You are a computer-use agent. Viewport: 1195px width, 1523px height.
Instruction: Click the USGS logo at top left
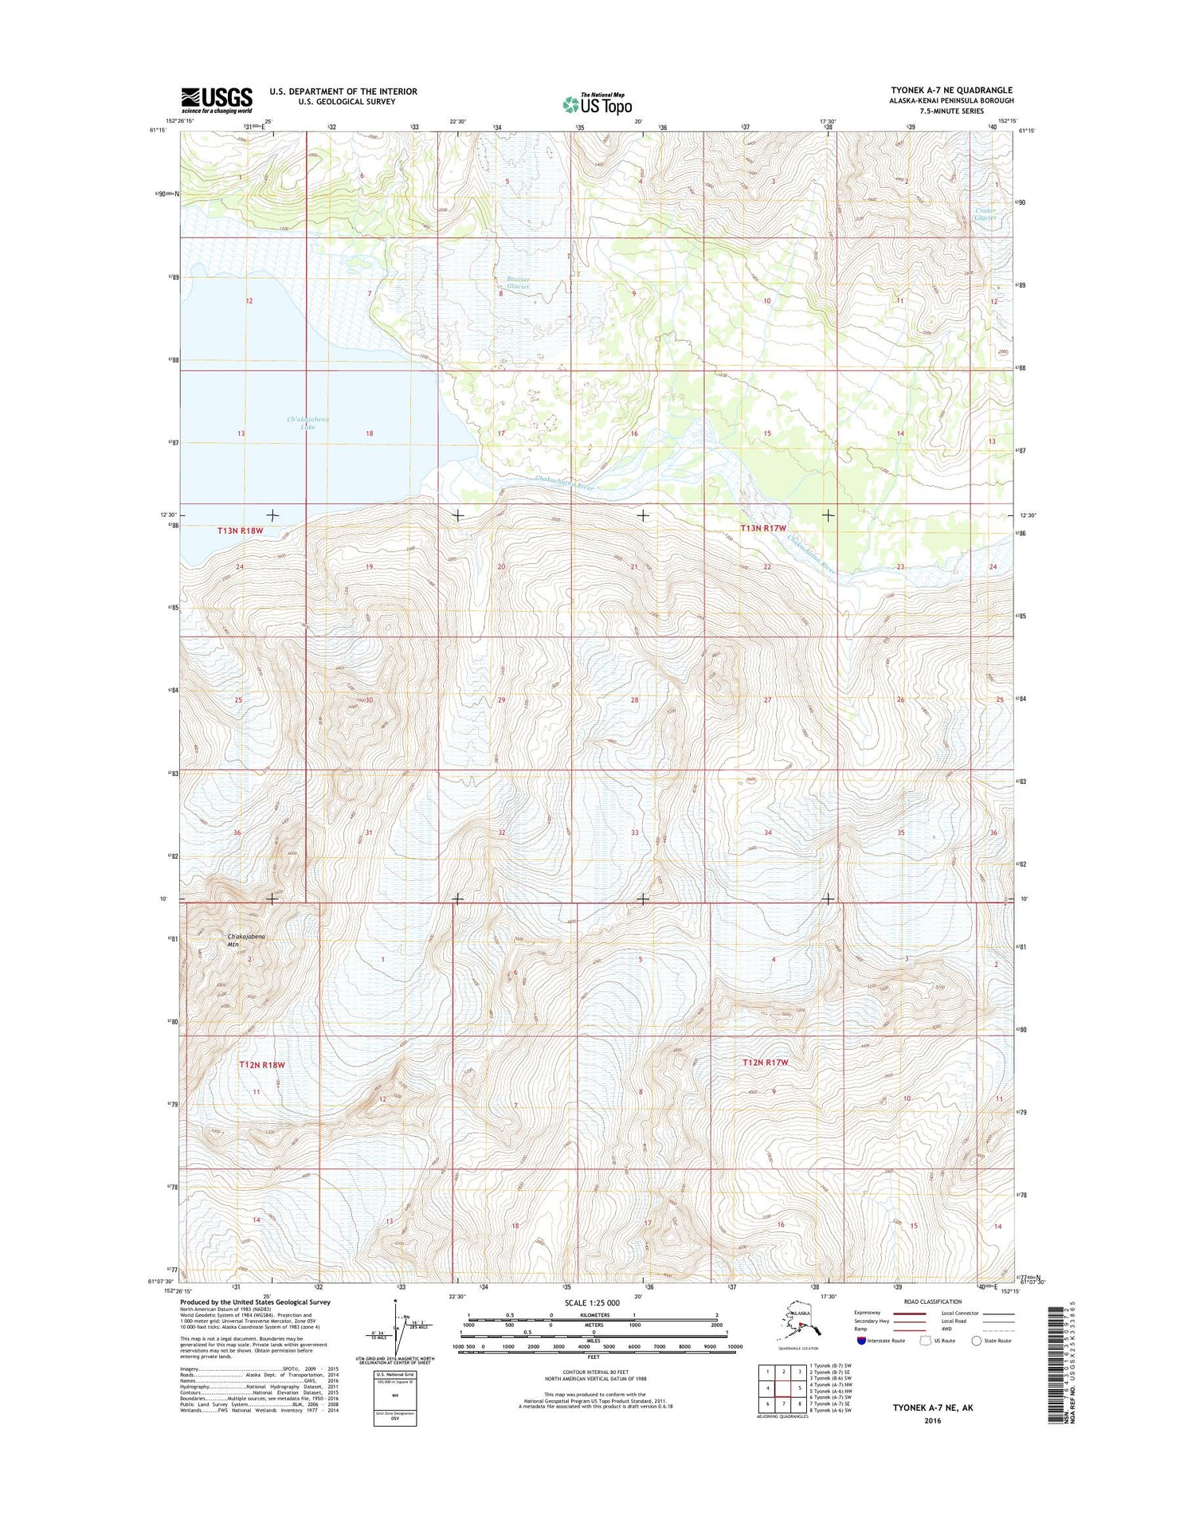217,100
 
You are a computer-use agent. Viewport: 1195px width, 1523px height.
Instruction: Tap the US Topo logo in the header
597,104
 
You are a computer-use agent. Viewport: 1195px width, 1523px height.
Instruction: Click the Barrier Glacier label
518,282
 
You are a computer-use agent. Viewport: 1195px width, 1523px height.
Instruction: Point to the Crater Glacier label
985,213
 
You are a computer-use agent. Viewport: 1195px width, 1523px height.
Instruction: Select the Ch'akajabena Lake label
308,423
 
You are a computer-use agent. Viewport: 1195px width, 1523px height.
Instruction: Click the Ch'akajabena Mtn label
246,940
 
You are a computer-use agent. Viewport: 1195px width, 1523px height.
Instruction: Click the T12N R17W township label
765,1063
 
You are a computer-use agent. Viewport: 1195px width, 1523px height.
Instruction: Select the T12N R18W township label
262,1065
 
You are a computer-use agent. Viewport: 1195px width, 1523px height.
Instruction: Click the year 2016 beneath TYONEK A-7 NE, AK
932,1420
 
